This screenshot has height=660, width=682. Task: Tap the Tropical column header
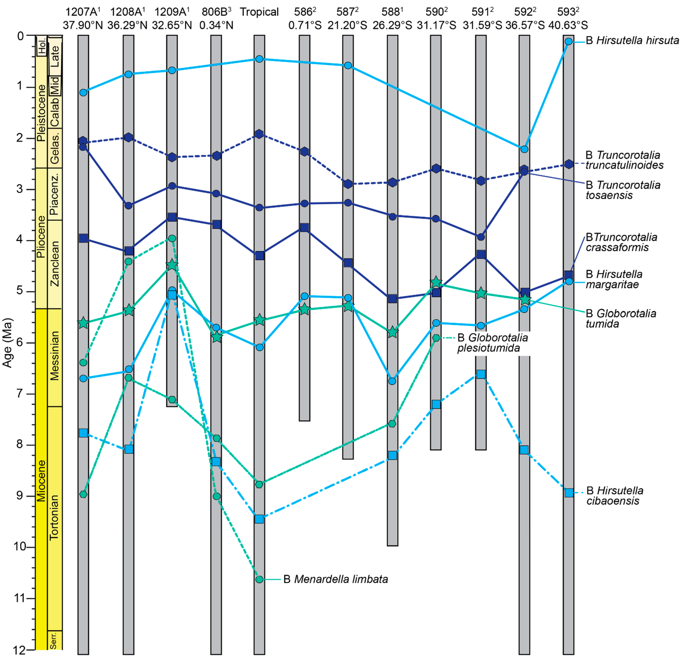259,12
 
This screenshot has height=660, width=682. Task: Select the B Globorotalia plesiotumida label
492,343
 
